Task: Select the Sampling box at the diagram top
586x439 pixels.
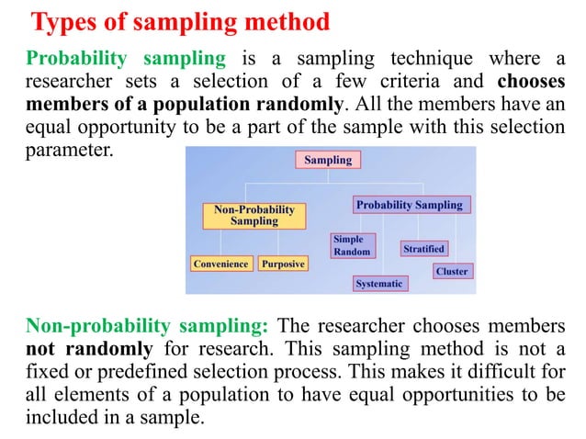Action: click(328, 161)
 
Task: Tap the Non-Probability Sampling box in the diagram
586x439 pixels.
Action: click(254, 216)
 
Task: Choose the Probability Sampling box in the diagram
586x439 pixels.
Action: click(410, 205)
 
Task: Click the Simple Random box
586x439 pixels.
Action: click(352, 245)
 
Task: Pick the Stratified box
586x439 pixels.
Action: click(423, 248)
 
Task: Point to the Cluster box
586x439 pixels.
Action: click(452, 271)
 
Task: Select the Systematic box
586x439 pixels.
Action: click(378, 284)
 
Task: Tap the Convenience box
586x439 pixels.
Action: click(220, 264)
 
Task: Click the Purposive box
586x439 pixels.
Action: click(283, 264)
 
